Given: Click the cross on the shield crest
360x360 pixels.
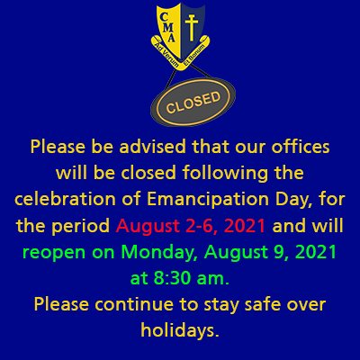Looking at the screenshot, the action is click(192, 27).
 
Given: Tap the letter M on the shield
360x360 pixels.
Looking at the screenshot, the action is click(169, 27).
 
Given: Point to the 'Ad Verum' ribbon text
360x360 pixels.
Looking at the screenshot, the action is click(166, 55).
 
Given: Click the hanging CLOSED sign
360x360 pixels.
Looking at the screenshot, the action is click(193, 102).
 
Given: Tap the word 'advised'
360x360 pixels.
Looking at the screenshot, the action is click(153, 147).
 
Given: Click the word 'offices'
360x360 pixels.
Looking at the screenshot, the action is click(301, 147).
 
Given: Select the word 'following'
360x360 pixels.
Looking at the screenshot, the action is click(225, 174).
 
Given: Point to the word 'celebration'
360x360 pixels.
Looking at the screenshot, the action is click(65, 199).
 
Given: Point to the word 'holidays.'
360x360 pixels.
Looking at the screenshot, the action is click(180, 331).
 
